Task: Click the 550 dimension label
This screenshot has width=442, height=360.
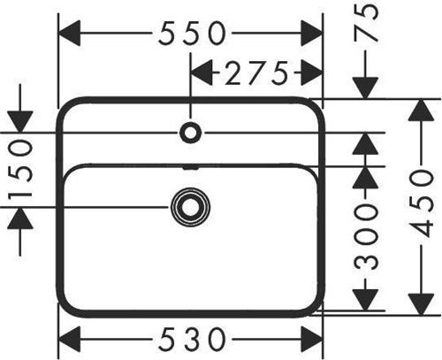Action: (192, 33)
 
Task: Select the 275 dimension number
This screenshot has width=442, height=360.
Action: (256, 73)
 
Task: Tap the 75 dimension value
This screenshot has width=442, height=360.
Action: (366, 24)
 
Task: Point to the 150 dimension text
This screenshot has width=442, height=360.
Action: (19, 170)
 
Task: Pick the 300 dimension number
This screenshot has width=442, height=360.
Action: (366, 236)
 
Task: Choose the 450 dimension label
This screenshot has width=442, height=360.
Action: (422, 204)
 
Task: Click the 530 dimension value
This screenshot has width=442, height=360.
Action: (192, 339)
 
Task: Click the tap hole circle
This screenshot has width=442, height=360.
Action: (190, 133)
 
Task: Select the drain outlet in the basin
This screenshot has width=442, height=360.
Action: (190, 207)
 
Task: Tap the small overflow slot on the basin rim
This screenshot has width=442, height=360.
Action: (190, 168)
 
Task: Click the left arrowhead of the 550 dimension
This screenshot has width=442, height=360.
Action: (70, 33)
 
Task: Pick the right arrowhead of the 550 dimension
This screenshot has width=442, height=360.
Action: (311, 33)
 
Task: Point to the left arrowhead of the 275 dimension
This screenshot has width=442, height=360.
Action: (202, 73)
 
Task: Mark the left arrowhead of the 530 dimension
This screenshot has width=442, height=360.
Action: (70, 339)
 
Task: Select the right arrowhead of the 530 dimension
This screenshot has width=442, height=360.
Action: (311, 339)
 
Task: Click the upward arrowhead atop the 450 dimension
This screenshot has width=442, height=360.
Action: (422, 111)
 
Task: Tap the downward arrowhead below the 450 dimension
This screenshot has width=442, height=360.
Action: (422, 304)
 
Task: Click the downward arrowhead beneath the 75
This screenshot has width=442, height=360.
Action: (366, 88)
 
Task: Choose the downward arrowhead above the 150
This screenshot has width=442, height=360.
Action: (19, 122)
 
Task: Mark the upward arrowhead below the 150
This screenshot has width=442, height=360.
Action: (19, 218)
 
